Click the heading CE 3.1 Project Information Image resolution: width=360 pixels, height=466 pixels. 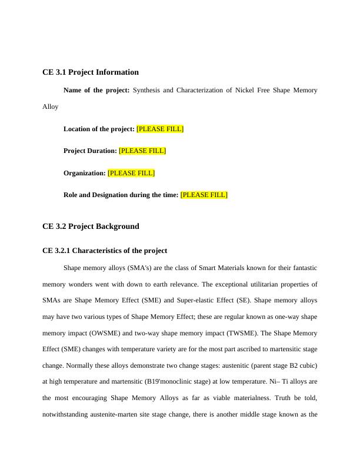pos(91,72)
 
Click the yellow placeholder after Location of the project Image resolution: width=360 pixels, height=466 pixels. pos(160,129)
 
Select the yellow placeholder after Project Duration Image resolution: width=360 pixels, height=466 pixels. pos(142,151)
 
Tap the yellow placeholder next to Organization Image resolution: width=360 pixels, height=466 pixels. pos(131,173)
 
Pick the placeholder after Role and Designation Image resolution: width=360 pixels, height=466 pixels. pos(204,195)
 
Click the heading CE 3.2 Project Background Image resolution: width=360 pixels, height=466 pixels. pos(91,227)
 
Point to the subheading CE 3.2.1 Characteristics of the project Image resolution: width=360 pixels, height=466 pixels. pos(105,251)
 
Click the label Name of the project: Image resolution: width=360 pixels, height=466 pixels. pos(96,91)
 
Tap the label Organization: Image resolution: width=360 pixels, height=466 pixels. pos(85,173)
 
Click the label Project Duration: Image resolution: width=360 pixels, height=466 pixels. pos(90,151)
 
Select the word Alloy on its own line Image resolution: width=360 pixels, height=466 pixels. pos(51,107)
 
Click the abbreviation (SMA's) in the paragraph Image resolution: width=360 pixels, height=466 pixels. pos(138,268)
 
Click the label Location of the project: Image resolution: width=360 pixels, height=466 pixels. pos(99,129)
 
